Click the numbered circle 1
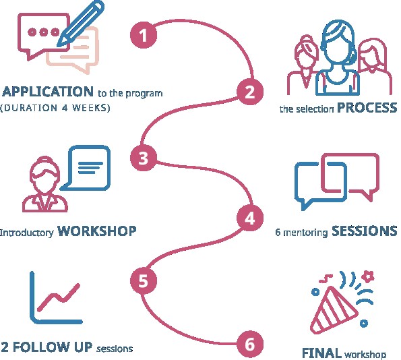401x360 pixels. click(143, 34)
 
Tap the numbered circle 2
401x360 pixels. click(250, 92)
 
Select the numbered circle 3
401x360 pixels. click(143, 158)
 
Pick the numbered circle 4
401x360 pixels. click(250, 218)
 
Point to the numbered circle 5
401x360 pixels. click(143, 280)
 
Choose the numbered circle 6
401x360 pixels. click(250, 344)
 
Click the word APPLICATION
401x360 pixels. click(48, 91)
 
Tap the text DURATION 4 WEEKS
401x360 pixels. click(55, 108)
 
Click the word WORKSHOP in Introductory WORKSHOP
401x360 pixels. click(97, 231)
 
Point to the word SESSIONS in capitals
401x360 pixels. click(365, 231)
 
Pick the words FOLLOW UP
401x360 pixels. click(52, 347)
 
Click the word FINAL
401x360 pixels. click(321, 353)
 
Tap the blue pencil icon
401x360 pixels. click(81, 24)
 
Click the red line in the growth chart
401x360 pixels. click(59, 297)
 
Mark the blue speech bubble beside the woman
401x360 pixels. click(86, 168)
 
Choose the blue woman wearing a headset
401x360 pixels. click(338, 59)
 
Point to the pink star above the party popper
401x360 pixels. click(369, 276)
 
